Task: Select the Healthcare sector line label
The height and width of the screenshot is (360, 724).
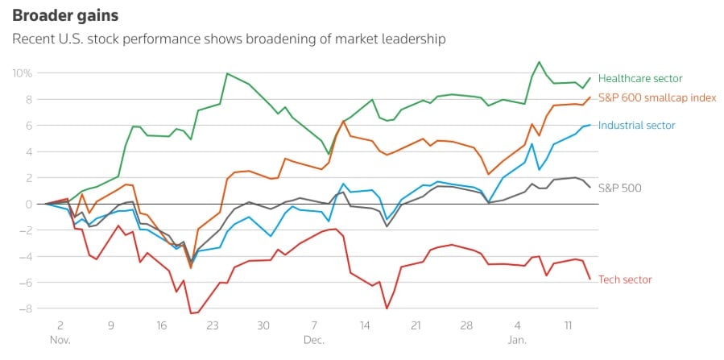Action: (640, 78)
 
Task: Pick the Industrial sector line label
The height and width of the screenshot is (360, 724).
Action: (636, 125)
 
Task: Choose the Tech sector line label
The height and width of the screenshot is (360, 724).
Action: (626, 279)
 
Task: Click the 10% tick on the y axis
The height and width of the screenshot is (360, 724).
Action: (21, 73)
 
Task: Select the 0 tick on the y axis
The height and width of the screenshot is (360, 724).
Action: (28, 204)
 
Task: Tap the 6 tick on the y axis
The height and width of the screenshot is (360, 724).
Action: (28, 126)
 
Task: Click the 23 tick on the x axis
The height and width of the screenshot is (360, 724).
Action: (213, 326)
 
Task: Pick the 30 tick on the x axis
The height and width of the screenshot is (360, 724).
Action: (263, 326)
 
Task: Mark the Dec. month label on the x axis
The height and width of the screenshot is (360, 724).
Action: (315, 340)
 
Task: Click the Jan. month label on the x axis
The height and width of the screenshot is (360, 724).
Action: (518, 340)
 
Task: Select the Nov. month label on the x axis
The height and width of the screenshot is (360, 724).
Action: (60, 340)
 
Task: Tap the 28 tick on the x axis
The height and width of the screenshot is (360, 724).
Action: (466, 326)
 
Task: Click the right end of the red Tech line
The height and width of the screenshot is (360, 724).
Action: (590, 279)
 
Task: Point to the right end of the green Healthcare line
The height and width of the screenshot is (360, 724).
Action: (590, 78)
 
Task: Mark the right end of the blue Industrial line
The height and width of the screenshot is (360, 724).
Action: (590, 125)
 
